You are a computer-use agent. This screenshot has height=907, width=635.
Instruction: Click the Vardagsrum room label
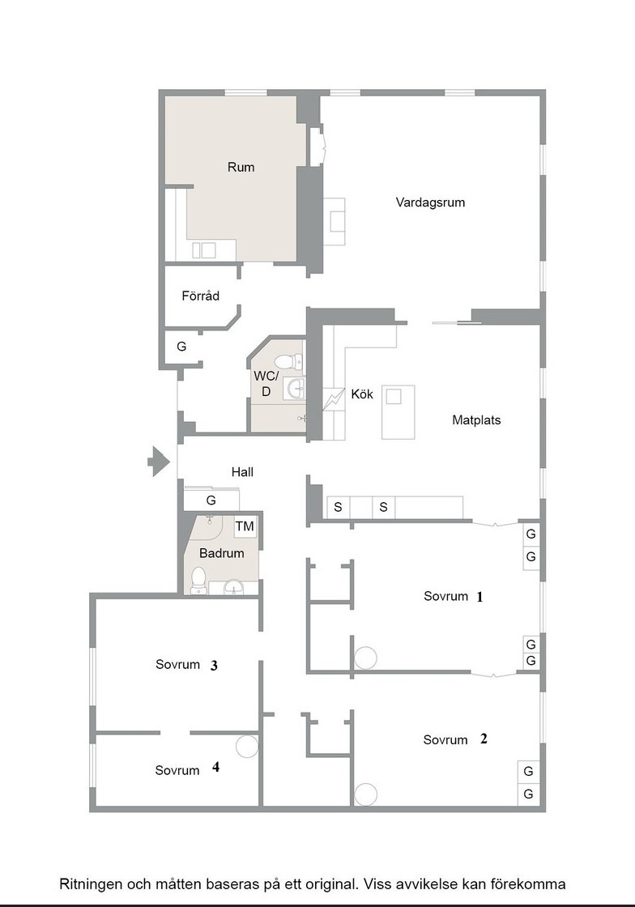(430, 202)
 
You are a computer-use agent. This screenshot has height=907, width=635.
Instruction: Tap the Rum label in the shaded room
(241, 167)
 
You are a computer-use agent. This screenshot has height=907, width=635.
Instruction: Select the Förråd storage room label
(201, 296)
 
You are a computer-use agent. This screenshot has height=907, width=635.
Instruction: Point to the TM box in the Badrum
(245, 526)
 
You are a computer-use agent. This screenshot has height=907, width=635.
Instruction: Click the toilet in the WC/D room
(288, 362)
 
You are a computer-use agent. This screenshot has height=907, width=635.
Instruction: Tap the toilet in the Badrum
(198, 580)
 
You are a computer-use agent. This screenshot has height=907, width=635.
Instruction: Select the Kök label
(362, 394)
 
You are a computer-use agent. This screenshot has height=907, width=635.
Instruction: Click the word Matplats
(476, 420)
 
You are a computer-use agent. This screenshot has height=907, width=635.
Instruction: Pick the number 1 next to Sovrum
(479, 597)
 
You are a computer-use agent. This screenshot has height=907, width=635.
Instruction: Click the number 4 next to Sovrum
(215, 767)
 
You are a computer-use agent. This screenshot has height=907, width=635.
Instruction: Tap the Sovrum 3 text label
(186, 665)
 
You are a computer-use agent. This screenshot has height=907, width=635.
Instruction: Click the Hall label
(242, 472)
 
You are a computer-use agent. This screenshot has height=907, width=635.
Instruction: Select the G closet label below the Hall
(211, 500)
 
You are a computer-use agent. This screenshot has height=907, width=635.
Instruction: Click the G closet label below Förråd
(181, 347)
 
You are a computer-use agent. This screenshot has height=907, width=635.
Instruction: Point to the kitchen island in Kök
(398, 412)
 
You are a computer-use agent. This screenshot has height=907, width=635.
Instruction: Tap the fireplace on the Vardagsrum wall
(334, 222)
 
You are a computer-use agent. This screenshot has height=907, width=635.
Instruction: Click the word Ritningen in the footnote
(90, 884)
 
